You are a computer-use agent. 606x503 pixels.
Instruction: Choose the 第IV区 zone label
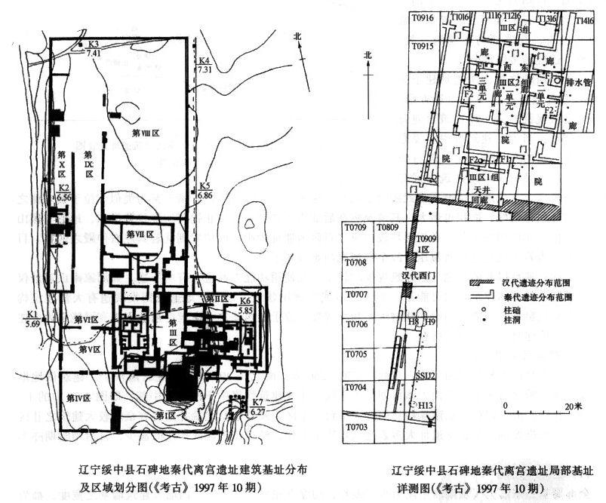[76, 397]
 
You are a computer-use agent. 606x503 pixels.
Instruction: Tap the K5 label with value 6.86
[205, 186]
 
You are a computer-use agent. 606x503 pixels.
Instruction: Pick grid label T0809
[388, 226]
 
